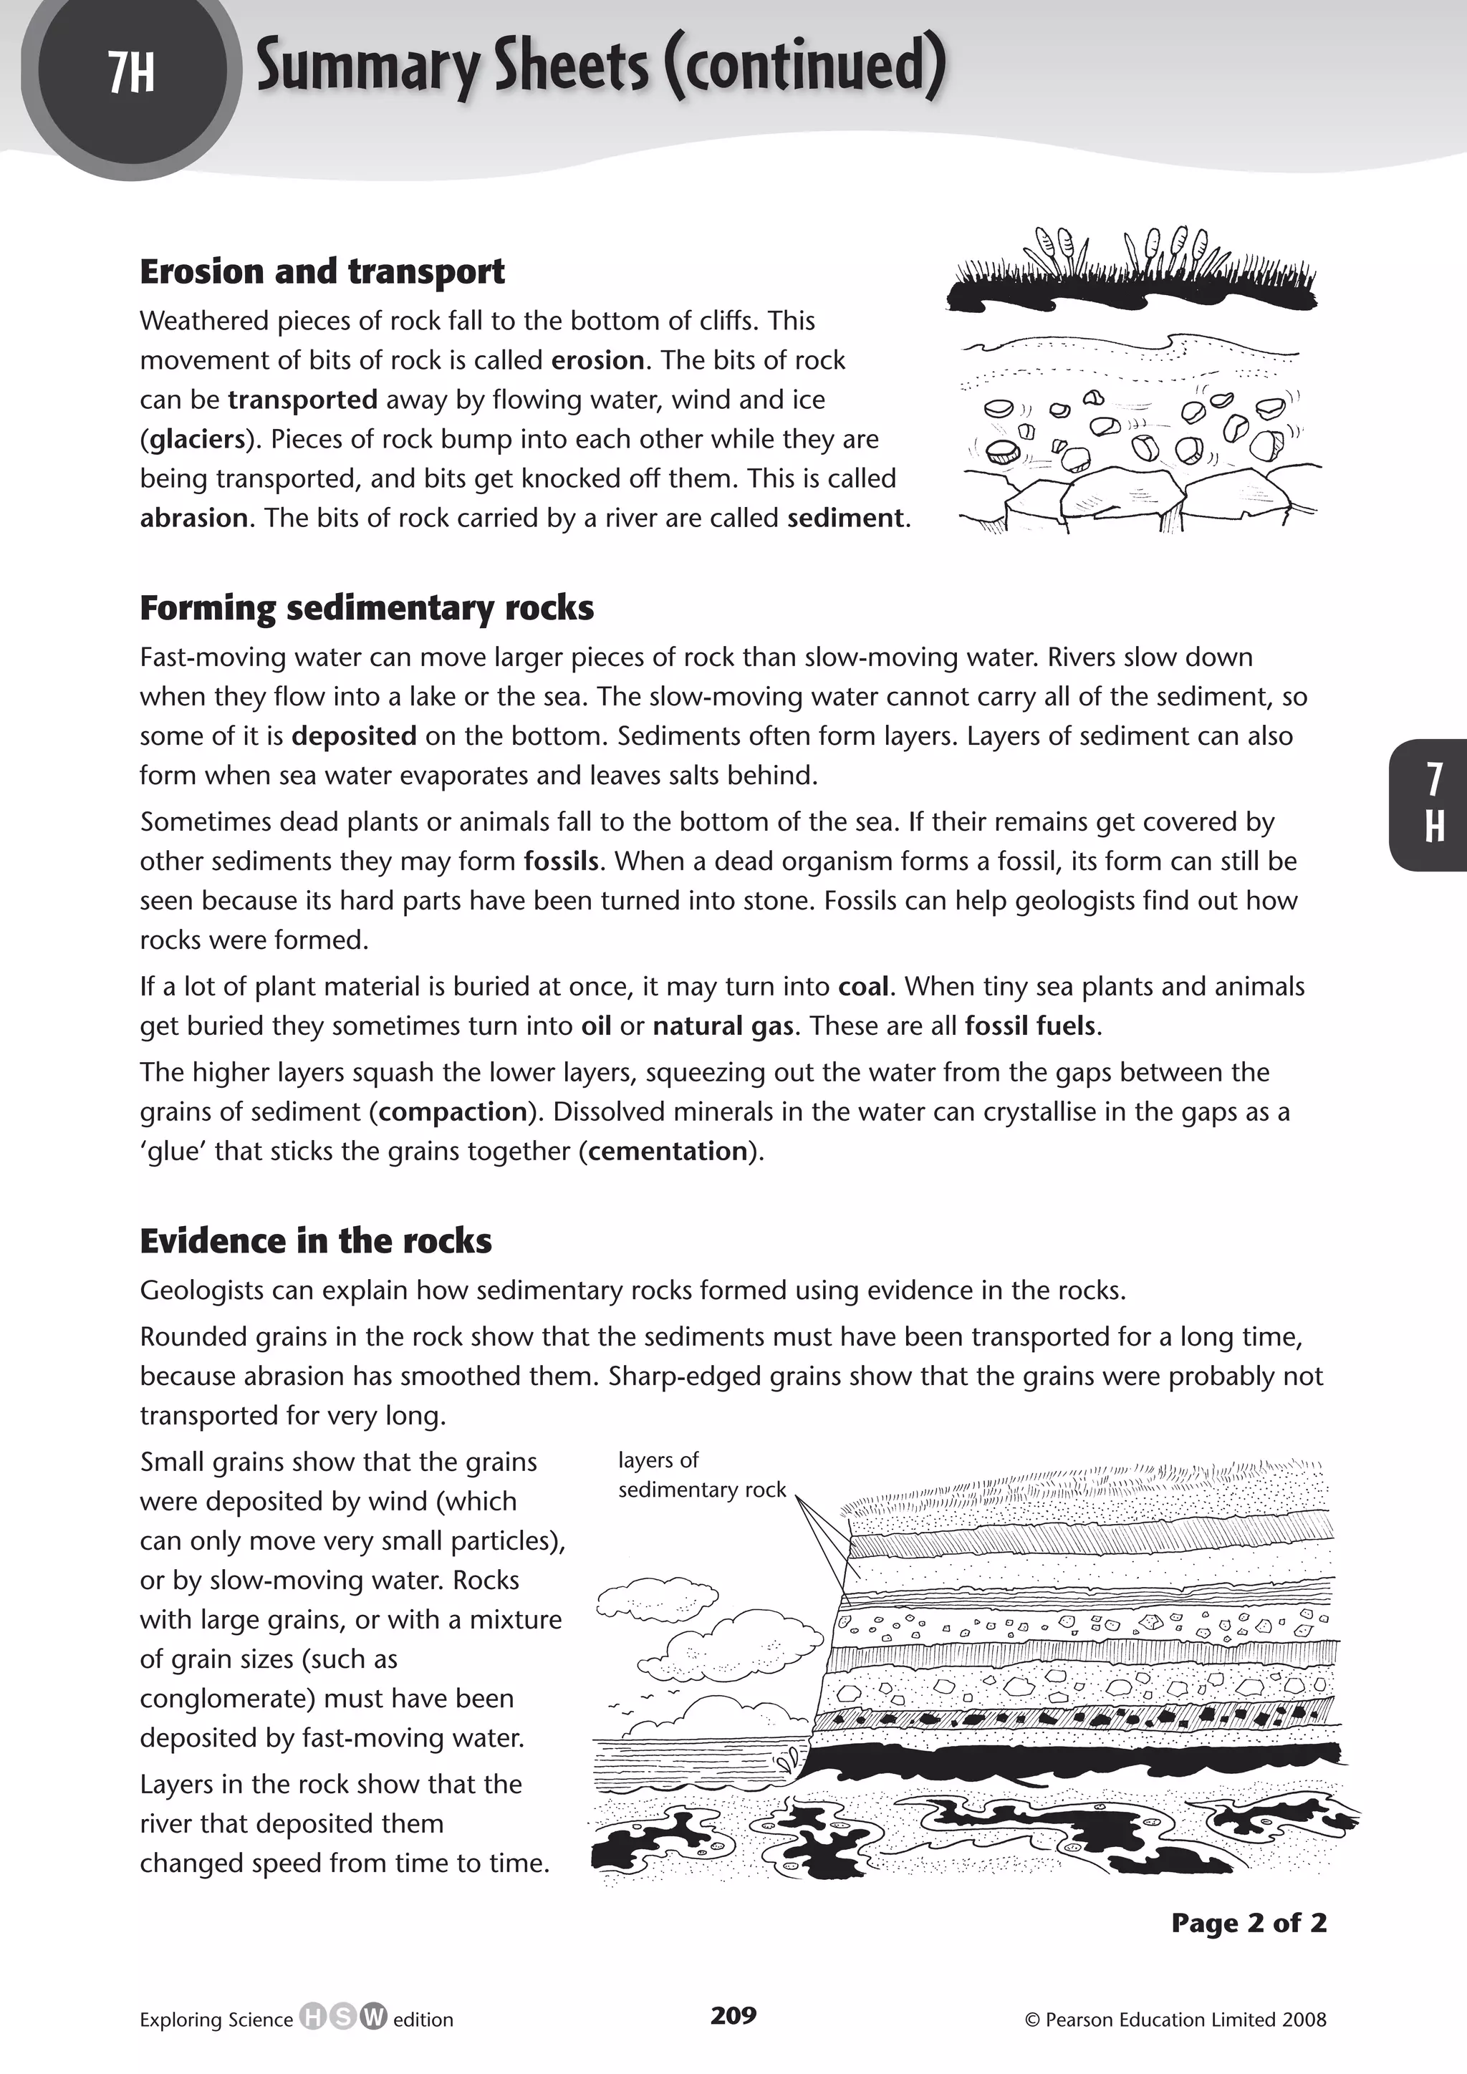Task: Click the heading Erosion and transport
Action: click(x=322, y=272)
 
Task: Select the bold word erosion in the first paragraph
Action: click(x=597, y=360)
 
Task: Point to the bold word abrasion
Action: click(x=193, y=518)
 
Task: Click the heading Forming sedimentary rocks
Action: click(x=366, y=608)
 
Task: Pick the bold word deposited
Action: click(x=353, y=736)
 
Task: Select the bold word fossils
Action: click(x=561, y=862)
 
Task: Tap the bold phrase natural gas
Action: click(x=723, y=1026)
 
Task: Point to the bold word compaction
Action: click(x=453, y=1112)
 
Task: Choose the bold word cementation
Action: click(x=668, y=1152)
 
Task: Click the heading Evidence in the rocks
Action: click(x=315, y=1241)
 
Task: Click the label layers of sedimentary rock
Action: click(x=701, y=1475)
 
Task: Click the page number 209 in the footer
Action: click(x=733, y=2015)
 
